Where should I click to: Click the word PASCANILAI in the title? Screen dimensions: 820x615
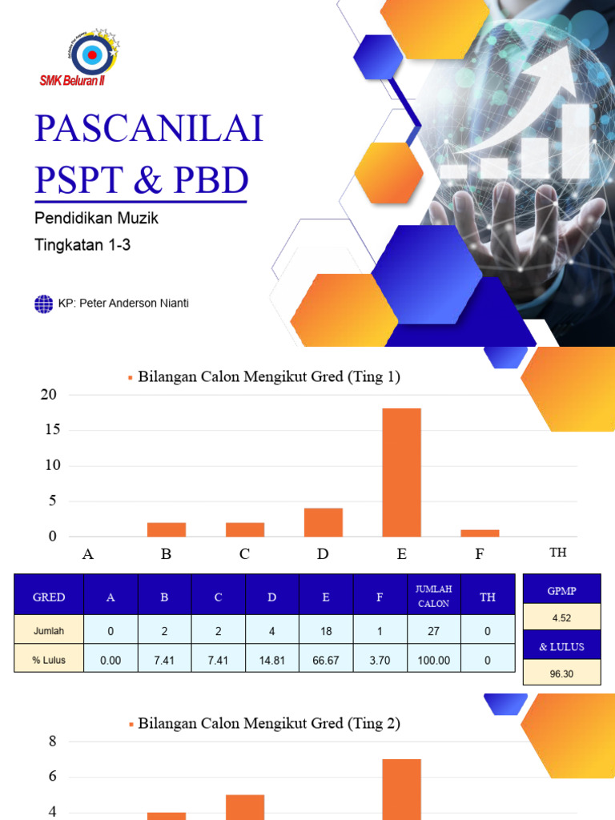point(149,128)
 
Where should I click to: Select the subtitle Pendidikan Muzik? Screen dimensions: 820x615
point(97,218)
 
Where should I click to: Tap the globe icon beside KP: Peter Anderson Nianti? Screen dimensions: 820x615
point(43,303)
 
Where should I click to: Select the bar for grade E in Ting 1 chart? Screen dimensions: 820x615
point(401,472)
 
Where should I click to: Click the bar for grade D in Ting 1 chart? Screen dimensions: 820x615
point(324,522)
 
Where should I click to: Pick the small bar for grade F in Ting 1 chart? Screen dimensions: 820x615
point(480,533)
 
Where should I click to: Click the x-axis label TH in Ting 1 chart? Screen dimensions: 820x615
point(558,553)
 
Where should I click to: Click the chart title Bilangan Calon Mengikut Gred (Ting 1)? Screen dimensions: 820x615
point(268,376)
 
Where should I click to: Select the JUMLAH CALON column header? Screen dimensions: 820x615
point(433,597)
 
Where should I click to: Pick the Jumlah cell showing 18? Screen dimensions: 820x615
point(326,631)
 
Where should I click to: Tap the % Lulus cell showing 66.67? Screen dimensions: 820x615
point(326,661)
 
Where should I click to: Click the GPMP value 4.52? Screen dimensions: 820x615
point(561,617)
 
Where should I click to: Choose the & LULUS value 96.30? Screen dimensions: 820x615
point(561,673)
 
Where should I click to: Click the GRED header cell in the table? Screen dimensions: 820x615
point(49,597)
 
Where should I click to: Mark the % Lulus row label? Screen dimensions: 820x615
point(49,661)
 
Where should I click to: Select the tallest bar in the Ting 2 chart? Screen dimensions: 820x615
point(401,789)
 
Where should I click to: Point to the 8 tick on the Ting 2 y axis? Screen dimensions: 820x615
point(53,742)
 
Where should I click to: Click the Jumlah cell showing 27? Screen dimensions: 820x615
point(433,631)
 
